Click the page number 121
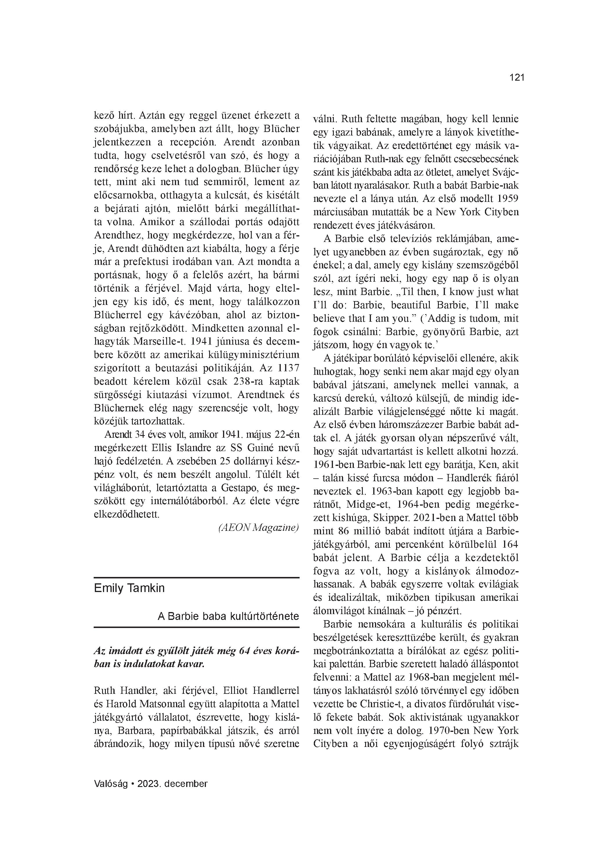pos(517,78)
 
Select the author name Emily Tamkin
pos(129,588)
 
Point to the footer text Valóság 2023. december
pos(151,783)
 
